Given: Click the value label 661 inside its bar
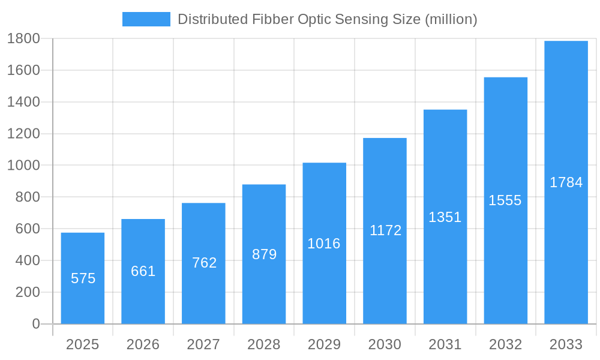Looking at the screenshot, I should click(143, 271).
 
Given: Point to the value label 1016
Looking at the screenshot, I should click(324, 244).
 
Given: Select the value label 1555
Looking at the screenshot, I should click(505, 200).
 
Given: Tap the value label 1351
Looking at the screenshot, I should click(445, 217).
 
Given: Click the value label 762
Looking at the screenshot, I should click(204, 263).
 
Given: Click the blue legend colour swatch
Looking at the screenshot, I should click(146, 19).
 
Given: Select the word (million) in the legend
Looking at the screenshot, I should click(451, 19).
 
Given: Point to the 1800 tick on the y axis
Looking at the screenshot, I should click(23, 38).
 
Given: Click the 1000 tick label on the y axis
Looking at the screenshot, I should click(23, 166).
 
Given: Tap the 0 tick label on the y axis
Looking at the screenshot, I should click(35, 324).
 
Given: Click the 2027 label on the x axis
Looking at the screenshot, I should click(203, 344).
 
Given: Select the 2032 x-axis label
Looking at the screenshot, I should click(505, 344).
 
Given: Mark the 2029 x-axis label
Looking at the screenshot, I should click(324, 344).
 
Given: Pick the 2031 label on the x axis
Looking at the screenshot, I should click(445, 344).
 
